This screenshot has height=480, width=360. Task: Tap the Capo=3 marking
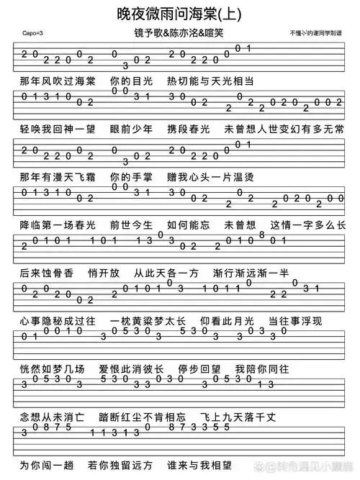point(32,34)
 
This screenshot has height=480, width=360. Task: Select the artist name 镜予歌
point(148,34)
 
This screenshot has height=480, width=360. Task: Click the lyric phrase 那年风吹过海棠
point(57,81)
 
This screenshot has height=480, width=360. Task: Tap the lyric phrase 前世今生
point(129,225)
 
